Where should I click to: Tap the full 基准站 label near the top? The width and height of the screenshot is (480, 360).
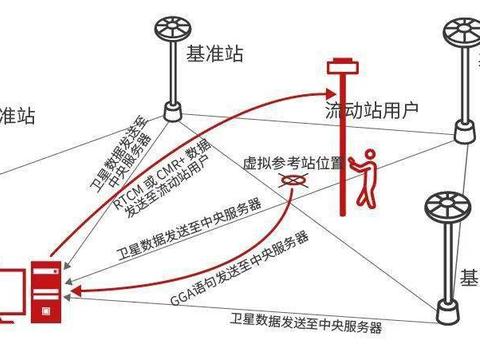[215, 54]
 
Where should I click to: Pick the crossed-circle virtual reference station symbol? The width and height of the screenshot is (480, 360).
[293, 182]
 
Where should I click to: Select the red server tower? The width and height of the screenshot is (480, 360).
[44, 291]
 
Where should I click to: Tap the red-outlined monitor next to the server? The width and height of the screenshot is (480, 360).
[8, 299]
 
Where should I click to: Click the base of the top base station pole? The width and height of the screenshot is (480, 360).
[172, 107]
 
